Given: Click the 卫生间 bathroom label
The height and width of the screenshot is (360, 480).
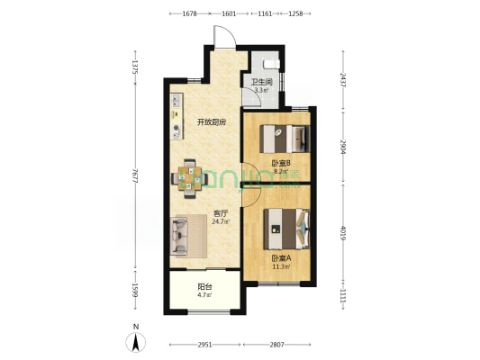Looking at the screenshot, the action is [x=262, y=82].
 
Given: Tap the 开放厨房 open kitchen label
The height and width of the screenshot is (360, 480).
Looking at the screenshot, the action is [x=212, y=122].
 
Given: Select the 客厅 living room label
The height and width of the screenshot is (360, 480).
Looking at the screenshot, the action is [x=221, y=213].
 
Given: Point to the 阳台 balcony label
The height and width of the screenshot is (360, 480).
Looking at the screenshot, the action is [x=204, y=287].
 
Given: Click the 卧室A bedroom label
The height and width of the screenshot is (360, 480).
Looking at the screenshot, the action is [x=281, y=258].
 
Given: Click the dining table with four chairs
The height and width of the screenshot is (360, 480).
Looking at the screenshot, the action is [x=190, y=178].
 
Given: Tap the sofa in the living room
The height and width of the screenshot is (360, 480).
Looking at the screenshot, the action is [x=179, y=236].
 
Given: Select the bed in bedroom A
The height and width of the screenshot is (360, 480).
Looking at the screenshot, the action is [x=287, y=229].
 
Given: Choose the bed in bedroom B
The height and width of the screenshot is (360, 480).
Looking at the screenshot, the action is [x=285, y=139].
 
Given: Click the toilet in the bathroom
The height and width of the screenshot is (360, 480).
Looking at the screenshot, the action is [x=272, y=64].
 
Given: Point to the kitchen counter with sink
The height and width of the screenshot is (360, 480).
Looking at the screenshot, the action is [x=177, y=116].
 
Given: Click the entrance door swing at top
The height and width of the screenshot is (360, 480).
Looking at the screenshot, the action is [x=225, y=37].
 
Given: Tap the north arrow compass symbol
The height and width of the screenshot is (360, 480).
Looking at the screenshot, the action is [x=136, y=343].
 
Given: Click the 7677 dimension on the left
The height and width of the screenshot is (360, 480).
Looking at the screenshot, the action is [x=135, y=175].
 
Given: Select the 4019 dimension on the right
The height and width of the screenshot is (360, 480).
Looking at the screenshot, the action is [x=343, y=233].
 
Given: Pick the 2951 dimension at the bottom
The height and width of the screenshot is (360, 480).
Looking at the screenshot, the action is [x=204, y=345].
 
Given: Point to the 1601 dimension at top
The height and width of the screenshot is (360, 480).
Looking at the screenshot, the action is [x=229, y=13].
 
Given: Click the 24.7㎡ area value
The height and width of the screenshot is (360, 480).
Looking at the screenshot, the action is [x=221, y=221].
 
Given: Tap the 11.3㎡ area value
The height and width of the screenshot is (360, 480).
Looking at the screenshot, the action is [x=281, y=266].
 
